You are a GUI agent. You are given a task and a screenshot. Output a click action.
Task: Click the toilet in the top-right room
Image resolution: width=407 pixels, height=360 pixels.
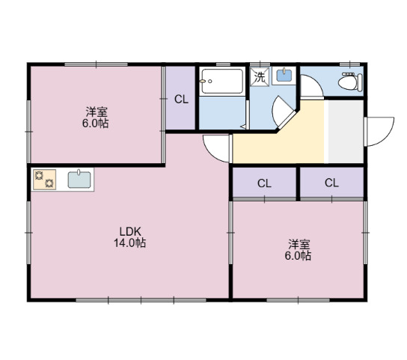[x=349, y=83]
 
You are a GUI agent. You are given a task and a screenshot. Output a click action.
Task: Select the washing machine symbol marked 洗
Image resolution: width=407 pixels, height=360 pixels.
[x=260, y=76]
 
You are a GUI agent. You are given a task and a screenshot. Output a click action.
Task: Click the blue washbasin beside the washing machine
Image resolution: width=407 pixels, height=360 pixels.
[x=284, y=76]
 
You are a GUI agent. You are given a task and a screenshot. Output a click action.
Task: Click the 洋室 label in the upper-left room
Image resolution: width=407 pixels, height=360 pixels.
[x=95, y=113]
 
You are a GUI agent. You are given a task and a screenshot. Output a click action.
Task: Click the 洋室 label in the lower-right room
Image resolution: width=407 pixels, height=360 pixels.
[x=299, y=244]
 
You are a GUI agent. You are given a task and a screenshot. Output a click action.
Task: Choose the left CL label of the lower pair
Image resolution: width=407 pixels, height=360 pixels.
[x=264, y=183]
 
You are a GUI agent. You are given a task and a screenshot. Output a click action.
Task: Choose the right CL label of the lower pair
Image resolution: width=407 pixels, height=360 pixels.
[x=331, y=183]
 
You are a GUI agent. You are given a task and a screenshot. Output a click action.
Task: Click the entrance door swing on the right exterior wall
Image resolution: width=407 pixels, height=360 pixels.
[x=379, y=133]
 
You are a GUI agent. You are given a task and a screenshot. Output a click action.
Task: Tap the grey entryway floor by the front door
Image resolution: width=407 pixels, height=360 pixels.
[x=345, y=131]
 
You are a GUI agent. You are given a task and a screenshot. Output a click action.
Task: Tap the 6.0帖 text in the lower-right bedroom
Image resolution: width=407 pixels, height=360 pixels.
[x=299, y=256]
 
